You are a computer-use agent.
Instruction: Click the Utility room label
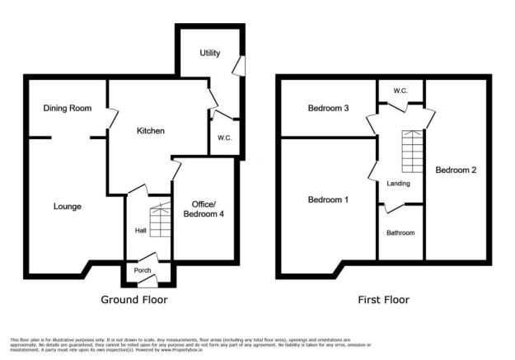(211, 54)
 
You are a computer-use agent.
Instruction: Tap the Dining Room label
(68, 108)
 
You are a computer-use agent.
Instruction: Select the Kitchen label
(151, 131)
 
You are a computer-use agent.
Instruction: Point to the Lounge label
(68, 206)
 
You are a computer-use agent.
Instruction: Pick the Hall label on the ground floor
(140, 230)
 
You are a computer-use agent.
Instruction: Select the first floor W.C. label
(400, 91)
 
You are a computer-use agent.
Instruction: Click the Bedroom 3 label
(328, 108)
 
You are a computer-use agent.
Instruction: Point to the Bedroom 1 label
(328, 200)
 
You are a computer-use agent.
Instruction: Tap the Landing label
(398, 183)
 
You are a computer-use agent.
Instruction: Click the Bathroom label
(400, 233)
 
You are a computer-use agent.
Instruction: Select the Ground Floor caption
(133, 300)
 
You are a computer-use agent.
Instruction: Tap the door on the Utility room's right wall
(238, 65)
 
